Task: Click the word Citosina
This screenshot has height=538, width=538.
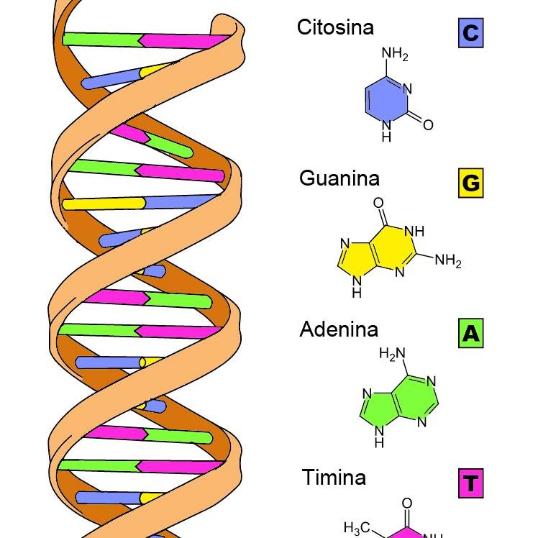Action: [x=335, y=28]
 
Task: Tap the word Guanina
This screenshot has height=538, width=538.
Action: [x=339, y=178]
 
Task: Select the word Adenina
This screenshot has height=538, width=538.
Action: [x=339, y=329]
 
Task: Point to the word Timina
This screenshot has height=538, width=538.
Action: [x=334, y=478]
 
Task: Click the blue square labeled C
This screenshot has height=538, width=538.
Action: [x=470, y=33]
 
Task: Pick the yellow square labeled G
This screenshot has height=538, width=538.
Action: [x=470, y=183]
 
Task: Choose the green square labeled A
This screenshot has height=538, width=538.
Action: [x=470, y=334]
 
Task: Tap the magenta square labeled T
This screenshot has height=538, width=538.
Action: [x=470, y=483]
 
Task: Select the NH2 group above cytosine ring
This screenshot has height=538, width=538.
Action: [x=394, y=54]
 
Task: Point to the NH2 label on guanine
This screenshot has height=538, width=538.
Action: [x=447, y=260]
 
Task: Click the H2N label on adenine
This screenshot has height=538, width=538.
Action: [x=392, y=353]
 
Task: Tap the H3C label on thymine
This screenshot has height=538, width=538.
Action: [x=357, y=529]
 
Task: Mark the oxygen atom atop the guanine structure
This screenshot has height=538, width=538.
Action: [x=378, y=203]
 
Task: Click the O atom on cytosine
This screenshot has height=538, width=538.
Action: [x=428, y=125]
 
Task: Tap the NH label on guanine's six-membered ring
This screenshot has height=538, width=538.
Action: [x=415, y=232]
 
